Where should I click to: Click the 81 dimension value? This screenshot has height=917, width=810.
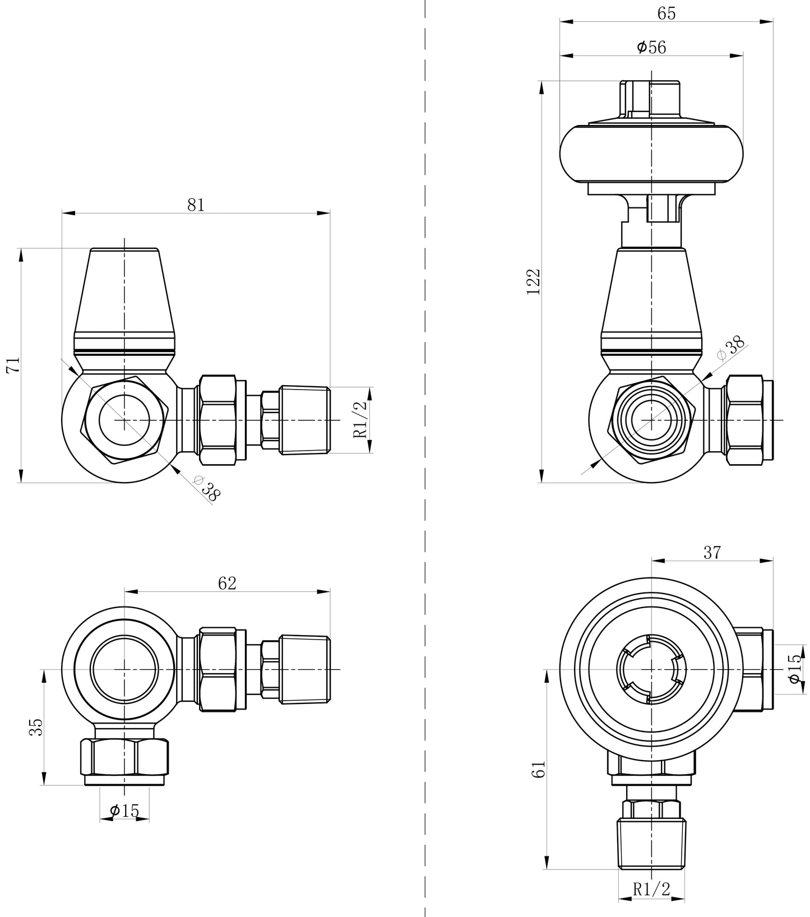(196, 205)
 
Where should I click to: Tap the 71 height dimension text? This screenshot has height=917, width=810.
(13, 365)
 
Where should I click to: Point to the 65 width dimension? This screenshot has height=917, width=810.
(666, 13)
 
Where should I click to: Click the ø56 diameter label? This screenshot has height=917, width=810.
(651, 48)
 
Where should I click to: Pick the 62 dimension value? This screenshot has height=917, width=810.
(227, 583)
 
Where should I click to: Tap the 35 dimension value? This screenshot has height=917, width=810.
(35, 728)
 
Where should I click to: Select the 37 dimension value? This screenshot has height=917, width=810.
(712, 553)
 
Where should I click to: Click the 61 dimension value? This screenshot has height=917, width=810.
(539, 770)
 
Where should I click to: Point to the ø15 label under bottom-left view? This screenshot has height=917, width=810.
(124, 811)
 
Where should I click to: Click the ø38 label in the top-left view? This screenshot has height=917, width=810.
(206, 488)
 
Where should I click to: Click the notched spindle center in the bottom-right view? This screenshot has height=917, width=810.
(651, 669)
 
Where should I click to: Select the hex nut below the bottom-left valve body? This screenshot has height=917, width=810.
(124, 757)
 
